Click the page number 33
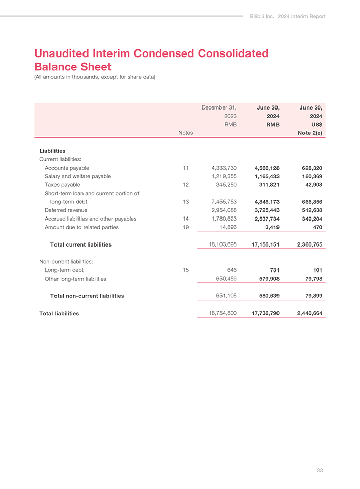pyautogui.click(x=320, y=470)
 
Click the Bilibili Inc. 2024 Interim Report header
pyautogui.click(x=288, y=16)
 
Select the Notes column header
pyautogui.click(x=185, y=133)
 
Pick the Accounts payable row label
pyautogui.click(x=67, y=168)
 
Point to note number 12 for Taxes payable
pyautogui.click(x=185, y=184)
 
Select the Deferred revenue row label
pyautogui.click(x=66, y=210)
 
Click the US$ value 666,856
pyautogui.click(x=309, y=202)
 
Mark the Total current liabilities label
pyautogui.click(x=81, y=244)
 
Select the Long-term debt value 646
pyautogui.click(x=232, y=270)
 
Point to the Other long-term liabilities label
pyautogui.click(x=75, y=279)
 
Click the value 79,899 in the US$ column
pyautogui.click(x=312, y=296)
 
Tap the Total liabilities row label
pyautogui.click(x=59, y=313)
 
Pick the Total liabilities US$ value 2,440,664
pyautogui.click(x=307, y=313)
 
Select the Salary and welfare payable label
pyautogui.click(x=77, y=176)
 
